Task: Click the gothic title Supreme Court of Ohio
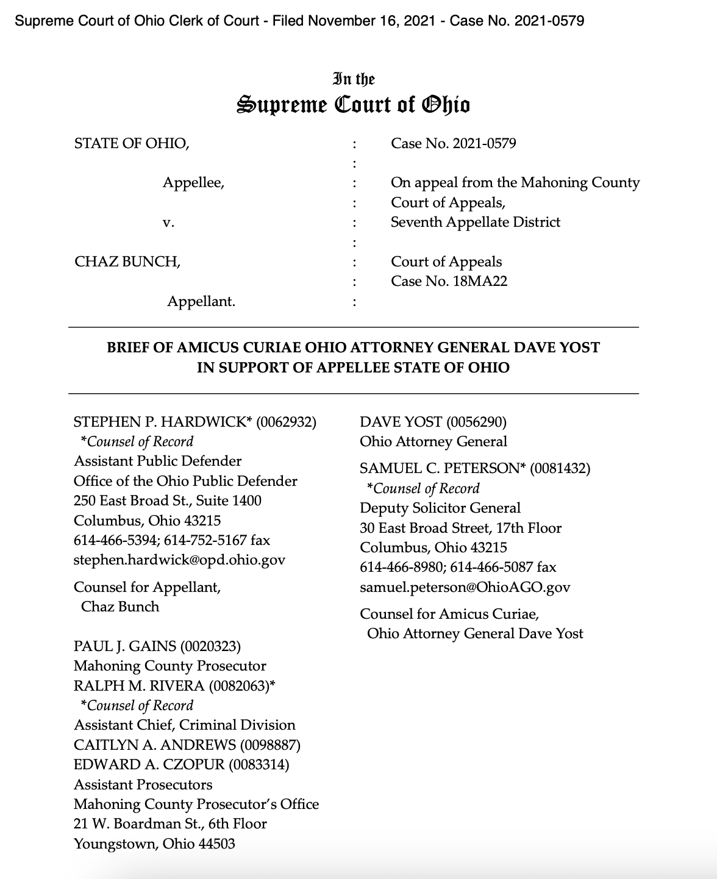coord(353,105)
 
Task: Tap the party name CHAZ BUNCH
coord(127,262)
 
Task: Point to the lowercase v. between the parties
coord(169,222)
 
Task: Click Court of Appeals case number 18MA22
coord(480,281)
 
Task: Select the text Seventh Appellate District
coord(475,222)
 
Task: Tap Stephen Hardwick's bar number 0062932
coord(286,422)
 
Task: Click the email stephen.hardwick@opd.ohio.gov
coord(179,560)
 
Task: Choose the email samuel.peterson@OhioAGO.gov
coord(465,587)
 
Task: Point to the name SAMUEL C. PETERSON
coord(442,468)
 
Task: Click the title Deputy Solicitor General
coord(440,508)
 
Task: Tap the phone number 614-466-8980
coord(401,567)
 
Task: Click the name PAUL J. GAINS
coord(124,646)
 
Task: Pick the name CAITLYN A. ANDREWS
coord(155,744)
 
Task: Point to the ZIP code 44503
coord(216,844)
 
